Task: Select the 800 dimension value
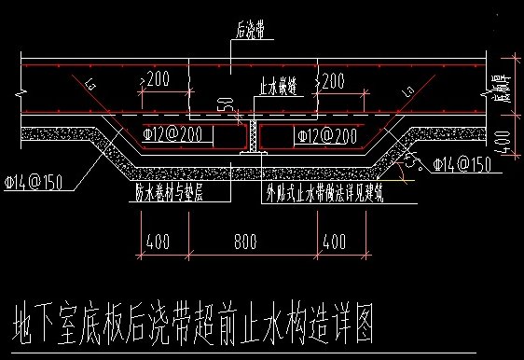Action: click(x=245, y=241)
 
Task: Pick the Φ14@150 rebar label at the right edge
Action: click(x=462, y=165)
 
